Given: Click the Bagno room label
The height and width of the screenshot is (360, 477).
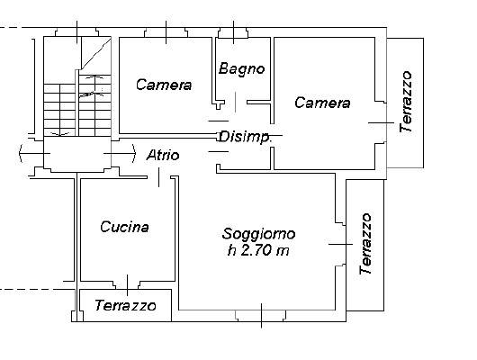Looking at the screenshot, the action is (241, 68).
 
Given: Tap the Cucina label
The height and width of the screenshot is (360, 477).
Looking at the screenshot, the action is (124, 227).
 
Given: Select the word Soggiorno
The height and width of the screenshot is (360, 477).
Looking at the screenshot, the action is (258, 234).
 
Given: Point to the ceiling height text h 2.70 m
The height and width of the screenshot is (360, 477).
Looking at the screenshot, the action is (258, 250).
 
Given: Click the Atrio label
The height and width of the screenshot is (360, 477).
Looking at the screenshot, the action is (163, 156).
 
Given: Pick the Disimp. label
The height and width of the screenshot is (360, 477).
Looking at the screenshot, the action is (245, 137).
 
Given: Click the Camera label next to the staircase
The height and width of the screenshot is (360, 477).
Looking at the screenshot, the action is (164, 85).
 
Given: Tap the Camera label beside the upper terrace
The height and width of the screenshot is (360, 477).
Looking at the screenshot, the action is (322, 103).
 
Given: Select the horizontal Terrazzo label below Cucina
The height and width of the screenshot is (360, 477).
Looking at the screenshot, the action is (125, 305).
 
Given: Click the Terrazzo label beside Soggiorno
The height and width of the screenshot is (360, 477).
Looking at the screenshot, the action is (365, 243).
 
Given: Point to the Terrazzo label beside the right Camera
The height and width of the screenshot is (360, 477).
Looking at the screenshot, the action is (406, 102).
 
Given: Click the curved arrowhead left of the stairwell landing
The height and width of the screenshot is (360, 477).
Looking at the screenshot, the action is (21, 153).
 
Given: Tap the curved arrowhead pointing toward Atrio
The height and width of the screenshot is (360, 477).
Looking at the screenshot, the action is (133, 153).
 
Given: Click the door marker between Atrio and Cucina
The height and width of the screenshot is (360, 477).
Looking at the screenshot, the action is (158, 177).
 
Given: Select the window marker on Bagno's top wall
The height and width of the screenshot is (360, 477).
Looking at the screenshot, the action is (233, 32).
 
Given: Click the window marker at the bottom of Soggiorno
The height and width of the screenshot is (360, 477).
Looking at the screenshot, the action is (262, 316).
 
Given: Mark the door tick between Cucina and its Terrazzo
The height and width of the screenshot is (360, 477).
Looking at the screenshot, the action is (127, 285).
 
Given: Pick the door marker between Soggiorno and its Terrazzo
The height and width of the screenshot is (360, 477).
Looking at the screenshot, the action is (341, 244).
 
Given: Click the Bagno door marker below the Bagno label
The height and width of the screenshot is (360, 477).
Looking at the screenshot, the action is (235, 103).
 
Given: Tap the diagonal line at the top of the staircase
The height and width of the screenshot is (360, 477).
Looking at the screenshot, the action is (95, 53).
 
